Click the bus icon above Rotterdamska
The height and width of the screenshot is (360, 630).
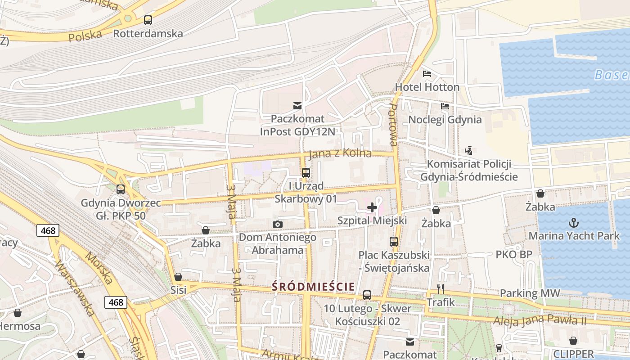pos(148,20)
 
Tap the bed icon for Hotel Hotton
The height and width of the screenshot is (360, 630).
pos(427,73)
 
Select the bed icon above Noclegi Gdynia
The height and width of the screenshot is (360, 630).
pos(445,106)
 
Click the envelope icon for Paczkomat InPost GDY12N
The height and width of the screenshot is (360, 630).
pos(297,106)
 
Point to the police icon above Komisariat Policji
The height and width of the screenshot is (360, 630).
pos(469,150)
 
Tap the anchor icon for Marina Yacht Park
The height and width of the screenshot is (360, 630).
pos(573,222)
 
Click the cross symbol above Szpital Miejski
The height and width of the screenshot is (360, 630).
pos(372,207)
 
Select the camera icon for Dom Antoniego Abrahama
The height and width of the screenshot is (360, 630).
pos(278,224)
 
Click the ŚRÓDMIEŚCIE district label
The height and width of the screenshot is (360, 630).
pos(313,287)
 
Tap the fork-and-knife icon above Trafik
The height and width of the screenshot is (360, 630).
pos(441,288)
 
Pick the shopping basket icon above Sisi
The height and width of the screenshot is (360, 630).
pos(178,277)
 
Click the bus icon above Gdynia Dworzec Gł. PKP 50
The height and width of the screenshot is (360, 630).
pos(121,189)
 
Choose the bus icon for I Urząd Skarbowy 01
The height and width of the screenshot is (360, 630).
pos(306,172)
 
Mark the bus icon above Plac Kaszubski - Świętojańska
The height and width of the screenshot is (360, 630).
pos(394,242)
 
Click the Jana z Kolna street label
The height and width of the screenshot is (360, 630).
pos(340,154)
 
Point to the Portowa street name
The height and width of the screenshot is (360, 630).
pos(393,125)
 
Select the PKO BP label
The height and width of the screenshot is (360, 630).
pos(514,255)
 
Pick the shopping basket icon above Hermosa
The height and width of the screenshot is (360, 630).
pos(18,313)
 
